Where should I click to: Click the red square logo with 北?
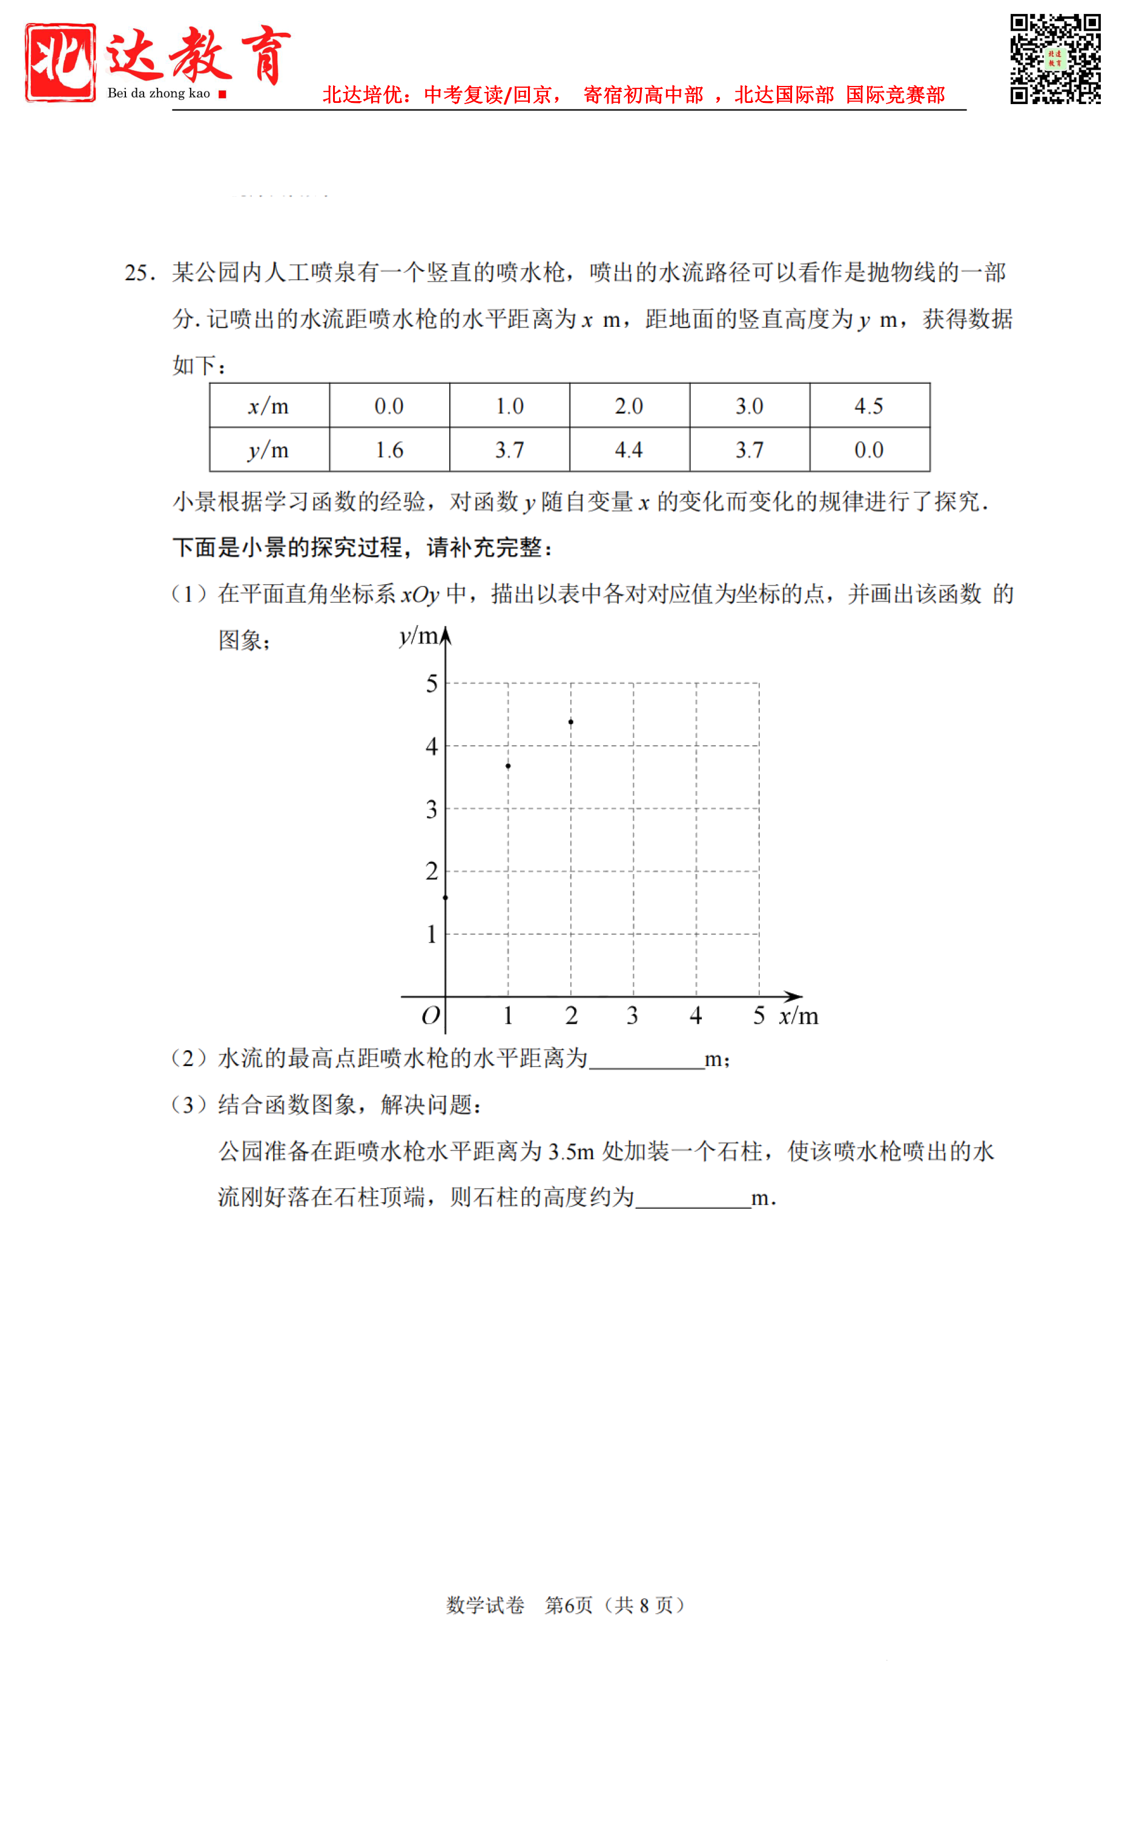tap(61, 62)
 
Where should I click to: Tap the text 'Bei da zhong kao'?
tap(159, 93)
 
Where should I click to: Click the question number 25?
tap(139, 272)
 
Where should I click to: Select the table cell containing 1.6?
tap(389, 450)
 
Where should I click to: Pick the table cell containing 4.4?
tap(629, 450)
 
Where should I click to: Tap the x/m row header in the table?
tap(269, 406)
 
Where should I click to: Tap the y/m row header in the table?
tap(269, 450)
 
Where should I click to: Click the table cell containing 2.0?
tap(629, 406)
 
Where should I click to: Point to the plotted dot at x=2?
tap(571, 722)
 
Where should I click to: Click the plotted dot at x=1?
tap(509, 766)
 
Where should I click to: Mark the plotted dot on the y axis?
tap(445, 898)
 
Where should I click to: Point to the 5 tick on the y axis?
tap(432, 684)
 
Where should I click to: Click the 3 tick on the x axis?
tap(633, 1016)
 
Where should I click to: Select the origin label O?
tap(430, 1016)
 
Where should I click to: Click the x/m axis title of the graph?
tap(799, 1016)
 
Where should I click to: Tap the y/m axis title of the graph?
tap(418, 636)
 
